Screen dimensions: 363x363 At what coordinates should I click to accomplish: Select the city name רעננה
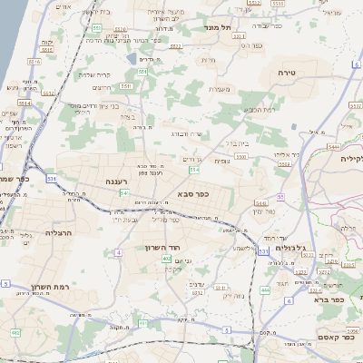(x=120, y=182)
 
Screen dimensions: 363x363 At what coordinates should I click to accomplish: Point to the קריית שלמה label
(x=94, y=75)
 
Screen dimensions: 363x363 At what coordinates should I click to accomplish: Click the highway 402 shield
(x=167, y=259)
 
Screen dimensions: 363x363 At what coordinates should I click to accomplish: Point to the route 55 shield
(x=281, y=196)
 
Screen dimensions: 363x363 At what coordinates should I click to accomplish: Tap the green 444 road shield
(x=265, y=289)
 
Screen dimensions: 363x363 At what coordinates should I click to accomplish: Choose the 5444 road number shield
(x=334, y=146)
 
